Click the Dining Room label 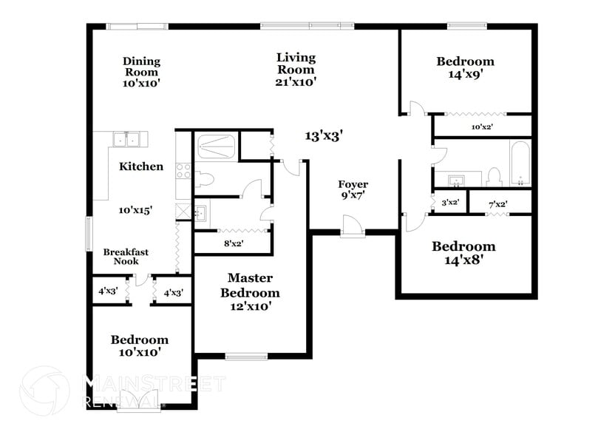[141, 72]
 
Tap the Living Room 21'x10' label [296, 70]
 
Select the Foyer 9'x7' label [353, 190]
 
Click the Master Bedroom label [250, 291]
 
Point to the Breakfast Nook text [126, 257]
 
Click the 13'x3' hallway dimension [324, 135]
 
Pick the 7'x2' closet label [500, 203]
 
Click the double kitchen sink [127, 139]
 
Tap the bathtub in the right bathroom [520, 163]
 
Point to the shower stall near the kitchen [216, 146]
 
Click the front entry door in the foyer [353, 225]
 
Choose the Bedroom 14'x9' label [465, 67]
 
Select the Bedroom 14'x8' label [463, 253]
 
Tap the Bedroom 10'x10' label [139, 346]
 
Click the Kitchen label [140, 166]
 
